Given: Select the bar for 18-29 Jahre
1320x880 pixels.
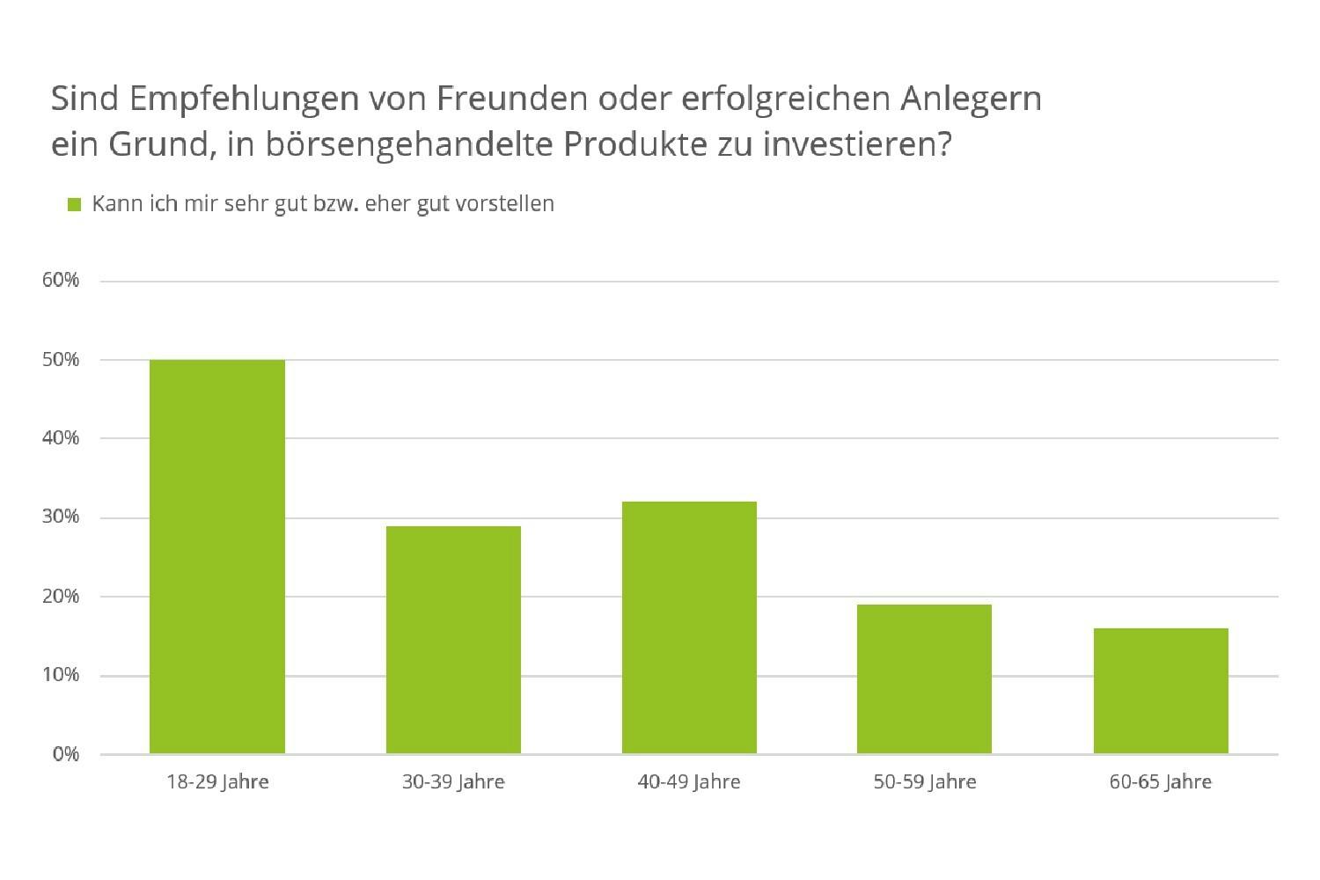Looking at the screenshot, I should pyautogui.click(x=217, y=556).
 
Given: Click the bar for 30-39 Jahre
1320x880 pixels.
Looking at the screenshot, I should pyautogui.click(x=453, y=640).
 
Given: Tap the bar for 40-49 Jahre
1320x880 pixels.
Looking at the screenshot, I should pyautogui.click(x=689, y=627).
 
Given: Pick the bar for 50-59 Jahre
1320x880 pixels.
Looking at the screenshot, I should pyautogui.click(x=924, y=678).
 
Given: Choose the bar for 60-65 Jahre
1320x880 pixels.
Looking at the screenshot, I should pyautogui.click(x=1161, y=691).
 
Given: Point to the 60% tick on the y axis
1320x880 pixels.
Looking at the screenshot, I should pyautogui.click(x=61, y=281).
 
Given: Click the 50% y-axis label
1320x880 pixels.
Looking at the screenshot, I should pyautogui.click(x=61, y=360).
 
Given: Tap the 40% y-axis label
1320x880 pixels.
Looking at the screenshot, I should pyautogui.click(x=61, y=438).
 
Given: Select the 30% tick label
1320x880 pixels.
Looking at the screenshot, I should pyautogui.click(x=61, y=517).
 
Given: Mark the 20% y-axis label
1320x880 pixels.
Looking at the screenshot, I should pyautogui.click(x=61, y=597).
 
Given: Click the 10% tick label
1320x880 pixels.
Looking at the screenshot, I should pyautogui.click(x=61, y=675).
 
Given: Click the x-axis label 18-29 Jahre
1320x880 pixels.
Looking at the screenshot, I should pyautogui.click(x=217, y=781).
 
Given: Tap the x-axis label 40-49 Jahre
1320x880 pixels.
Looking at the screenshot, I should pyautogui.click(x=689, y=781).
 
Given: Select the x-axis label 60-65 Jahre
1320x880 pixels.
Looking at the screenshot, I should pyautogui.click(x=1161, y=781).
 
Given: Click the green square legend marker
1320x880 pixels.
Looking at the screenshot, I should pyautogui.click(x=75, y=204).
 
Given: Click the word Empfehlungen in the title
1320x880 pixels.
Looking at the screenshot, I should pyautogui.click(x=245, y=99).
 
